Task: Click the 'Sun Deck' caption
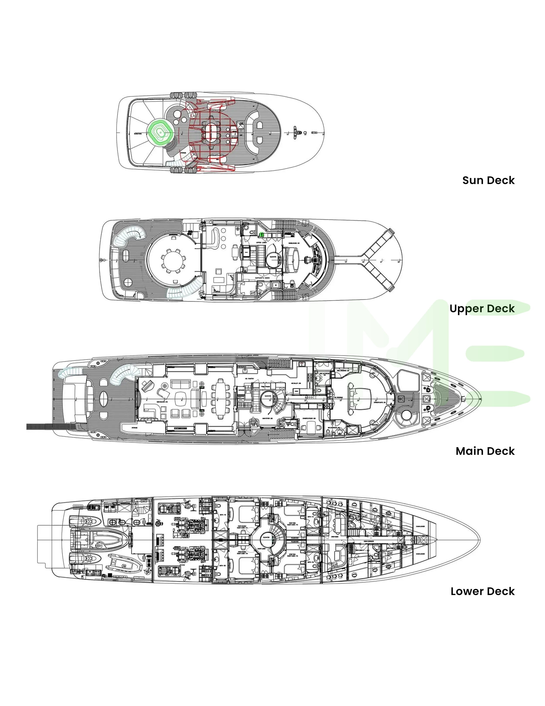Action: (x=488, y=180)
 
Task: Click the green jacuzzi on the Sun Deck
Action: (x=161, y=132)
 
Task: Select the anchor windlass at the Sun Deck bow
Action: (x=297, y=132)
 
